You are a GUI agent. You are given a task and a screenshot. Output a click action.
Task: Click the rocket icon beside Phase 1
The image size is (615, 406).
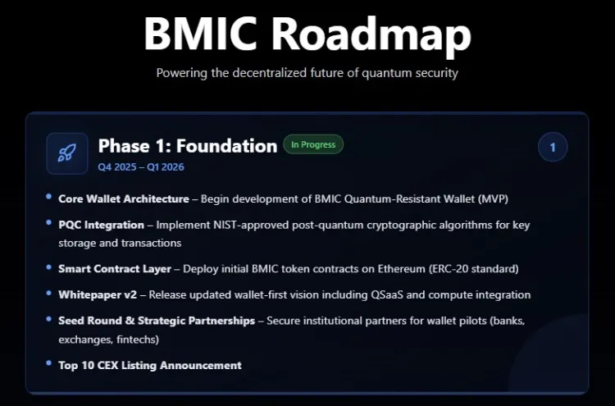coord(67,153)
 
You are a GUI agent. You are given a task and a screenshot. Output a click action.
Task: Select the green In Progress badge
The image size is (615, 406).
coord(313,145)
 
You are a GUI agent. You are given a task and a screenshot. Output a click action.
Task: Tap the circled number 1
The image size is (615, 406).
coord(553,148)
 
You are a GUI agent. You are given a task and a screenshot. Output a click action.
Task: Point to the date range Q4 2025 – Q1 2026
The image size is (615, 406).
coord(141,167)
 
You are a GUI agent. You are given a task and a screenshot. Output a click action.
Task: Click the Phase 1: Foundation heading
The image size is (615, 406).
coord(188,146)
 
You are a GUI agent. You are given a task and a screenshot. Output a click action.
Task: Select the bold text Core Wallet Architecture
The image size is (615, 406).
coord(123,198)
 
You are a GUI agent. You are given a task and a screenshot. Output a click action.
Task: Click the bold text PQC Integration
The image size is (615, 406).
coord(101,224)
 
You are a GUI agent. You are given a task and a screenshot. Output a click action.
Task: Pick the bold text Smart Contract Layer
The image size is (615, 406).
coord(115,268)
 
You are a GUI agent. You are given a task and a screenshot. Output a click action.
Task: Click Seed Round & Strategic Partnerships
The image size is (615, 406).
coord(157,321)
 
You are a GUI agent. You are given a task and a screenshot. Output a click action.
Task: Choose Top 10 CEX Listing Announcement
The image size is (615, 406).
coord(150,365)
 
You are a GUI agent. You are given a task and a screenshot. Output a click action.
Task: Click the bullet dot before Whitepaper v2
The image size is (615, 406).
coord(49,294)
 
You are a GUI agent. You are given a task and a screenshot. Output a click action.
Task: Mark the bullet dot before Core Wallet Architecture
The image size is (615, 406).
coord(49,198)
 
